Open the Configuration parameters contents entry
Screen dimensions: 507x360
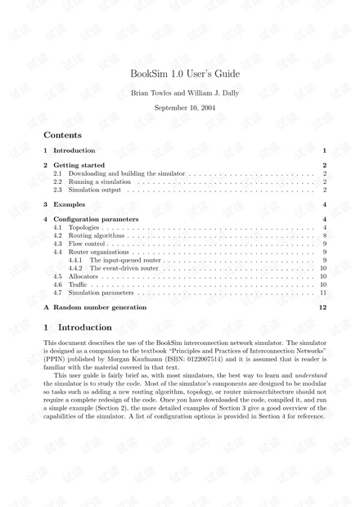[x=96, y=220]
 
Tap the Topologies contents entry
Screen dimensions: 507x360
[x=85, y=228]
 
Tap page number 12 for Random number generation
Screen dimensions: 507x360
[x=323, y=307]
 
